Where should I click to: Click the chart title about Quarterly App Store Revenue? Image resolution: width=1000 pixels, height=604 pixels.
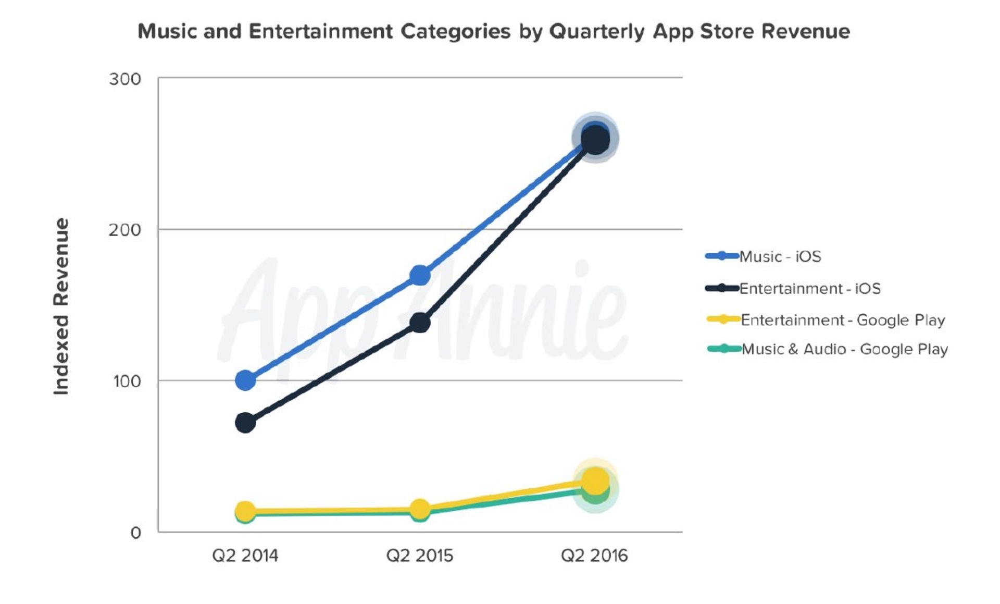(x=493, y=31)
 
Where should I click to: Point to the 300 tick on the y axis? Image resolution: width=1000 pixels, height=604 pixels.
(x=125, y=79)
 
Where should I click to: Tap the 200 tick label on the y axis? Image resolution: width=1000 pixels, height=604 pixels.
(x=125, y=230)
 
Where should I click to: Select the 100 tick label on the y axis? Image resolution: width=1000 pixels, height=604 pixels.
(x=127, y=381)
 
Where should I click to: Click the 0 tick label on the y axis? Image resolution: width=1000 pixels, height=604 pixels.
(x=135, y=533)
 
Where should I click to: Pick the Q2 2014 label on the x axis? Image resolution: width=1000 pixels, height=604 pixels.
(x=245, y=556)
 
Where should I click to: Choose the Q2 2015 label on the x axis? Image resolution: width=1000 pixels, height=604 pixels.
(x=419, y=556)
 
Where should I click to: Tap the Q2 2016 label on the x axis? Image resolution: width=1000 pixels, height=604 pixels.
(x=594, y=556)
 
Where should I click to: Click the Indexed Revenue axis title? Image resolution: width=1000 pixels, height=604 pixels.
(x=61, y=306)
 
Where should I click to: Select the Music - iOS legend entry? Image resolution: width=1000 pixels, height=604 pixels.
(x=780, y=256)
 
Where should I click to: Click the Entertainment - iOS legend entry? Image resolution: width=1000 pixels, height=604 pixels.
(x=809, y=288)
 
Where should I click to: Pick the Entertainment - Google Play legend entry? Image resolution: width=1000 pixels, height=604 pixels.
(x=842, y=320)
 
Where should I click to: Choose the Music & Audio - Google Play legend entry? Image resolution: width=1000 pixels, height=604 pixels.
(x=844, y=349)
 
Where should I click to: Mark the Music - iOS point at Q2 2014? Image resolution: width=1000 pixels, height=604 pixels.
(x=245, y=380)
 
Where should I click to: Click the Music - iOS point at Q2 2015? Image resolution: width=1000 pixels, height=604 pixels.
(x=420, y=275)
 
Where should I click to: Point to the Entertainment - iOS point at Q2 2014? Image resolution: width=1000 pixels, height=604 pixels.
(x=245, y=423)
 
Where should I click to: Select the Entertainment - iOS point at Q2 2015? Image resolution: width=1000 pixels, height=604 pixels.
(x=420, y=323)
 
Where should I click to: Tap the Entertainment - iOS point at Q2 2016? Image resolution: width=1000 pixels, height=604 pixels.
(x=595, y=141)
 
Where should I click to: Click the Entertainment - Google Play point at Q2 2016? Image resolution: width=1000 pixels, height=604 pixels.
(x=595, y=480)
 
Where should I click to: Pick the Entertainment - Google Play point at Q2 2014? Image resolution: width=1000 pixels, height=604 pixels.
(x=245, y=511)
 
